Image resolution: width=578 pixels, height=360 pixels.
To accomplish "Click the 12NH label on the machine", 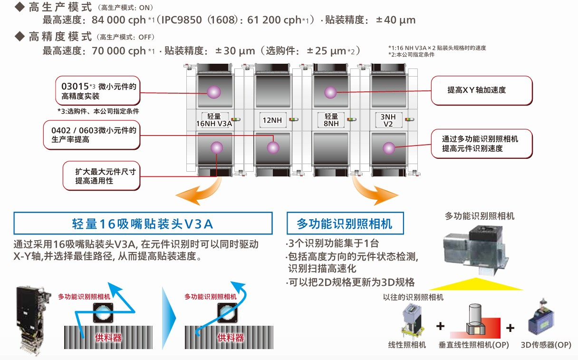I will point(272,120).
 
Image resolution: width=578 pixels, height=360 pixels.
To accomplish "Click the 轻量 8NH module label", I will point(331,120).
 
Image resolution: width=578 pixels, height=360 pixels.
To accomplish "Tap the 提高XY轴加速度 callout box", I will point(481,90).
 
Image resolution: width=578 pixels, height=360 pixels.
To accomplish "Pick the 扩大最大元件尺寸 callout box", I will point(101,176).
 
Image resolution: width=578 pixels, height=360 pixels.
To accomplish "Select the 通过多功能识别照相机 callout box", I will point(482,144).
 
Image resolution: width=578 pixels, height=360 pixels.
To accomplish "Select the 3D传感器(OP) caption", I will point(546,345).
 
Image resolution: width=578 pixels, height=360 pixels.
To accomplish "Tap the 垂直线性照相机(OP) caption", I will point(473,345).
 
